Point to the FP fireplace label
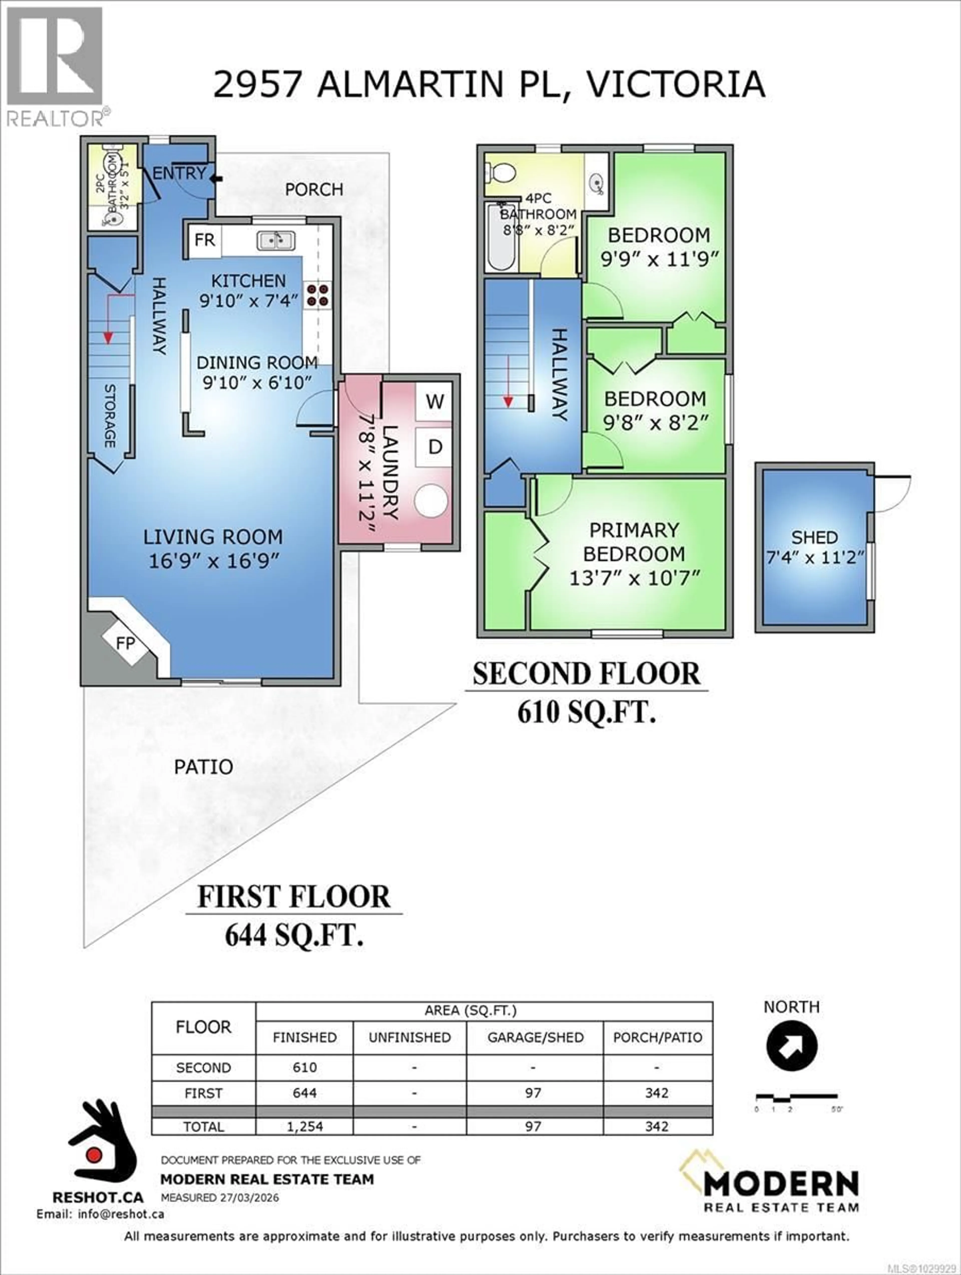126,643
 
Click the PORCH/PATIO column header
657,1038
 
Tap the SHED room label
814,538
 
